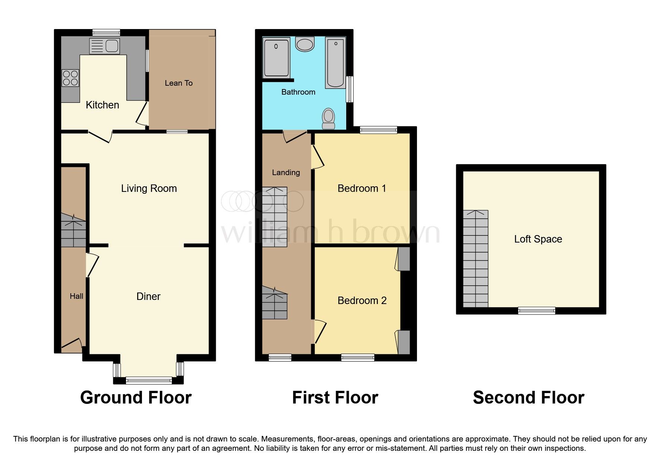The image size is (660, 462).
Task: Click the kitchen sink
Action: (x=104, y=46)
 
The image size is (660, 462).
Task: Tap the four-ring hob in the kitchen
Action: (x=70, y=78)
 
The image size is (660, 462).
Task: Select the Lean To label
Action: (x=179, y=83)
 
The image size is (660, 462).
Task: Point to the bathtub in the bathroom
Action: (x=335, y=63)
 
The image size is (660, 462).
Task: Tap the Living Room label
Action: (x=149, y=189)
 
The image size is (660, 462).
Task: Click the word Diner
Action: (x=148, y=297)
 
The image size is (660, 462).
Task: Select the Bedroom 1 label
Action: (x=361, y=189)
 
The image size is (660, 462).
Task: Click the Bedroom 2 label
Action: (x=362, y=301)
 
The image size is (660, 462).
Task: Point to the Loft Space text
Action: (x=538, y=239)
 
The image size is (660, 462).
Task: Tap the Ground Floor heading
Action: (x=136, y=398)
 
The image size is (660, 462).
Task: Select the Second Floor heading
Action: (x=528, y=398)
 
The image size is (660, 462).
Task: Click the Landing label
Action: (x=286, y=173)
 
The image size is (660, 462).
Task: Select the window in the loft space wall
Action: (x=537, y=310)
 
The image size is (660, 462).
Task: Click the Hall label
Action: (x=76, y=296)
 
